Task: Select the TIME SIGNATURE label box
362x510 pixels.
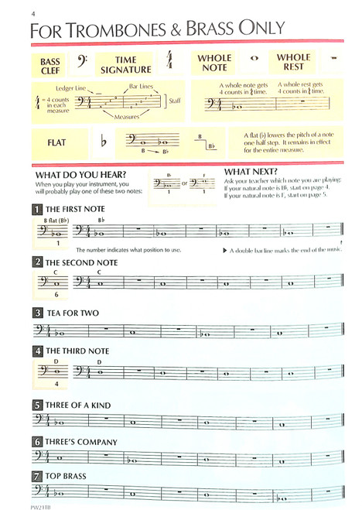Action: [x=125, y=65]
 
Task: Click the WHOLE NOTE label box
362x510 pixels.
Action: [x=214, y=63]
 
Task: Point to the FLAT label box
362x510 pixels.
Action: [x=56, y=142]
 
